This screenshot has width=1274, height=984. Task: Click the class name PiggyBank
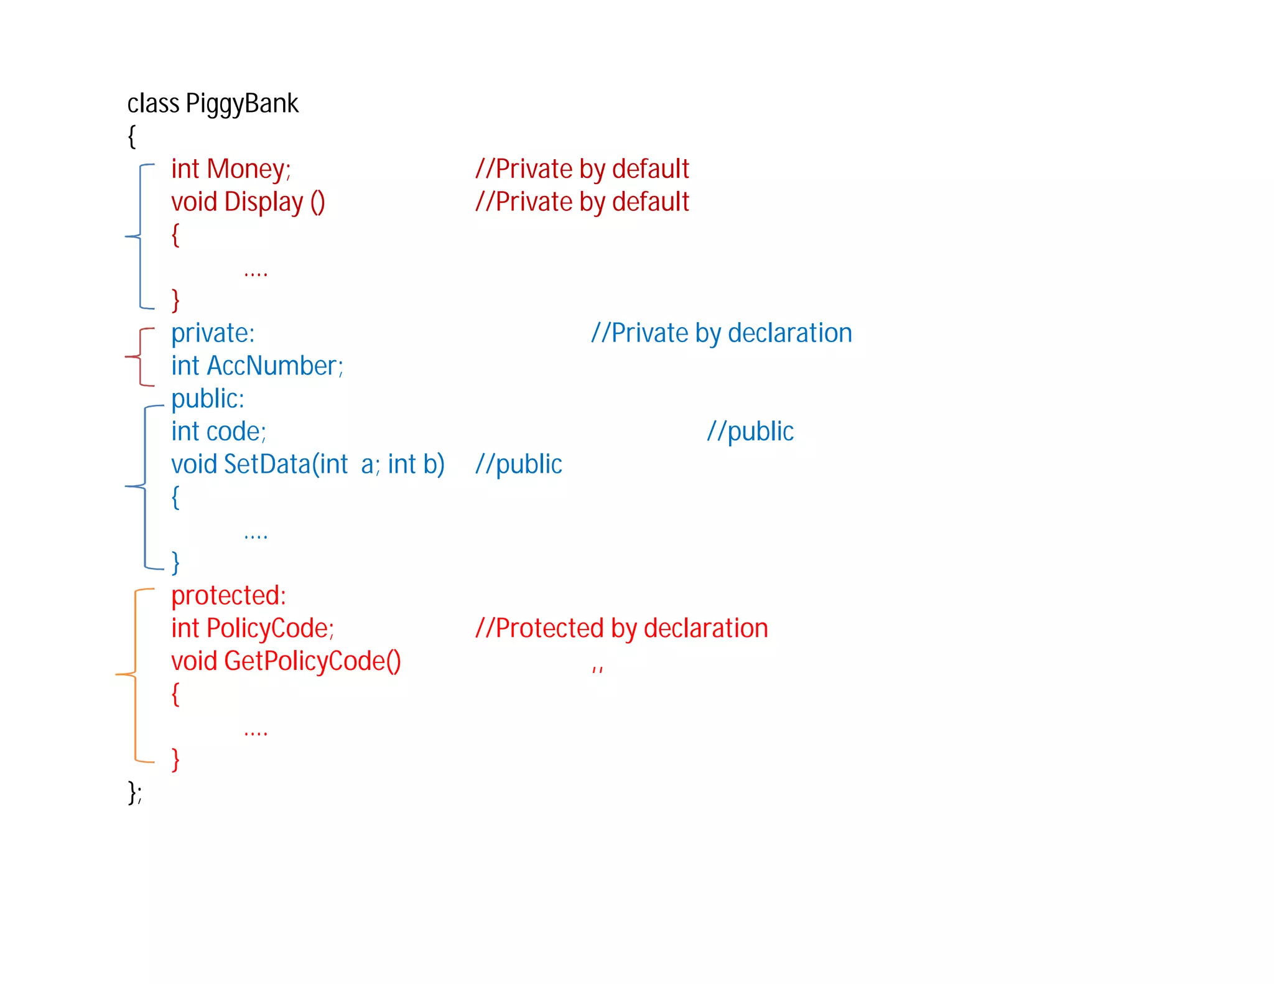(x=242, y=104)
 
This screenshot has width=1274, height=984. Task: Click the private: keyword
(x=213, y=333)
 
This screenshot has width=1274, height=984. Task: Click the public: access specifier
(x=208, y=399)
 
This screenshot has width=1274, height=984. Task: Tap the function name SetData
(x=267, y=465)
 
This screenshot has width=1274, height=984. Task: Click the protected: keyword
(x=228, y=596)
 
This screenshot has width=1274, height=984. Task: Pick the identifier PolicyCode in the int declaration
(x=268, y=628)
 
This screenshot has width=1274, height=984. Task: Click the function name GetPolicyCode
(x=304, y=661)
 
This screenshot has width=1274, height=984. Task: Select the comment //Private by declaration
(x=721, y=333)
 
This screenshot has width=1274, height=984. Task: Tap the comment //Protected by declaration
(x=621, y=628)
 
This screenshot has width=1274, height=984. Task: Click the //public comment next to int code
(x=750, y=432)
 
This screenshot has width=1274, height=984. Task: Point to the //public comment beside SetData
(x=518, y=465)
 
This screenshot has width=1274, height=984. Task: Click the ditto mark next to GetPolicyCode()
(x=597, y=669)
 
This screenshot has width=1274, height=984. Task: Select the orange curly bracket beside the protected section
(x=134, y=674)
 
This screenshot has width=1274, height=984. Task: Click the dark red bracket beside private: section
(x=141, y=357)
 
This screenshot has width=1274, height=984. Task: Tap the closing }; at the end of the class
(x=135, y=792)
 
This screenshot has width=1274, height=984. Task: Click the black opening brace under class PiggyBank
(x=132, y=137)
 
